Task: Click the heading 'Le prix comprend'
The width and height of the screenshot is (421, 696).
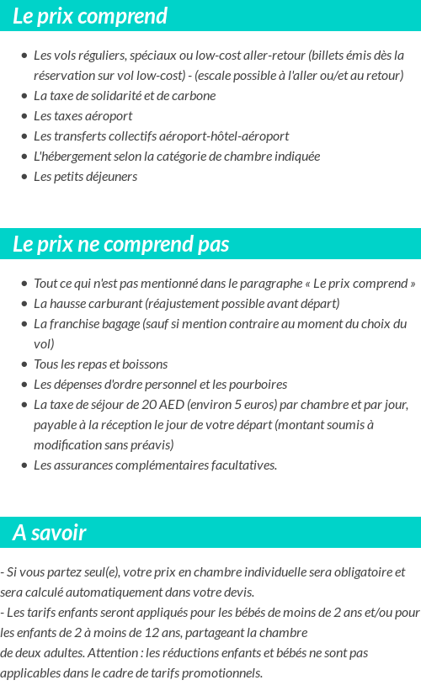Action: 90,16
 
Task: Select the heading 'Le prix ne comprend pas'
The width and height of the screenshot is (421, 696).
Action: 121,244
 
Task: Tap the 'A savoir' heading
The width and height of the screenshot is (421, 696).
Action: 50,533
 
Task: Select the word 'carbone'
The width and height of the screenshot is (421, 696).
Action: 194,96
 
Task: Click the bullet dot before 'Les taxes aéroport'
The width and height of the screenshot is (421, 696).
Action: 24,116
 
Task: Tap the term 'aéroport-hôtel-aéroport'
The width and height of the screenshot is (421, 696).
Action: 223,136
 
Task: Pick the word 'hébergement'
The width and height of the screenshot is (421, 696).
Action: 78,157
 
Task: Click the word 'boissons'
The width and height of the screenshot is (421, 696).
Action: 145,364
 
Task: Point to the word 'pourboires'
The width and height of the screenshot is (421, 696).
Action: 258,385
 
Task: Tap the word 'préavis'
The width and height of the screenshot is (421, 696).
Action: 152,445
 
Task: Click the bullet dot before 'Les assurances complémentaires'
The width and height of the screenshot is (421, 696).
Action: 24,465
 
